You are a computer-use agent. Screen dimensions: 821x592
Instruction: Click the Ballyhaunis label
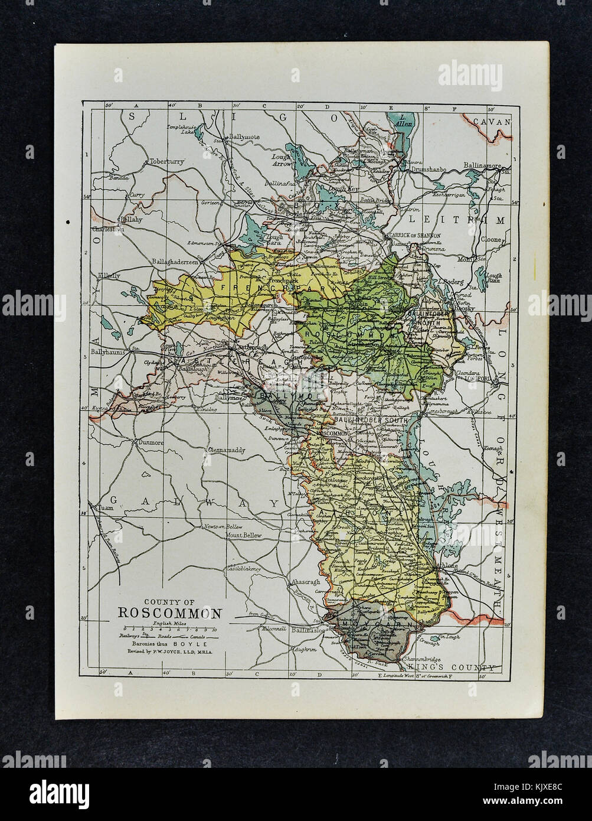click(x=108, y=351)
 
